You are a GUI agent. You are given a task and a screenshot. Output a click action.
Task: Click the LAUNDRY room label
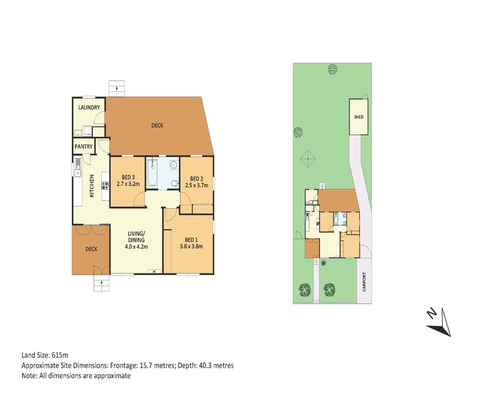coord(89,107)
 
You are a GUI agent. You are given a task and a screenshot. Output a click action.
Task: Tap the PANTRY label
coord(84,147)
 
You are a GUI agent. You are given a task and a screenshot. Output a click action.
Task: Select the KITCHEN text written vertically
coord(92,185)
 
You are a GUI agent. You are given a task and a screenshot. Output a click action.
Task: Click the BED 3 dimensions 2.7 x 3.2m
coord(128,184)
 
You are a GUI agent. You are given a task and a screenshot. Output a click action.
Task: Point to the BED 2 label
coord(196,179)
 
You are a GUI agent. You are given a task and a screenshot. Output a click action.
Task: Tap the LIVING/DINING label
coord(136,236)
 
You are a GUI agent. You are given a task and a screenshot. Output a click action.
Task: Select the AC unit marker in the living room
coord(154,272)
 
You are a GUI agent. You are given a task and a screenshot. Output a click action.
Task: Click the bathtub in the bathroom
coord(152,173)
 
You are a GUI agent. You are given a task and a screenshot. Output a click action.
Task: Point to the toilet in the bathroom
coord(175,183)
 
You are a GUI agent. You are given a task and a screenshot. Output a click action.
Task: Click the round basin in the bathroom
coord(174,165)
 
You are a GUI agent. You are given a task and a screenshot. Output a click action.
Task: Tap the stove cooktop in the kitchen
coord(105,185)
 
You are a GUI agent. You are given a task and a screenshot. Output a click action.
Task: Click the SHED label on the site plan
coord(359,117)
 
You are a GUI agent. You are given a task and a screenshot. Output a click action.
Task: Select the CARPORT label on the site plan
coord(364,282)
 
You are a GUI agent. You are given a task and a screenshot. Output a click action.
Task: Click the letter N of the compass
coord(431,313)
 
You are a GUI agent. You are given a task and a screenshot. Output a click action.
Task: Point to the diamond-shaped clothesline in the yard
coord(308,159)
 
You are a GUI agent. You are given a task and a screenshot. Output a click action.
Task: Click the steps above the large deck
coord(117,89)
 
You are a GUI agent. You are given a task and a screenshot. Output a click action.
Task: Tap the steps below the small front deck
coord(102,283)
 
